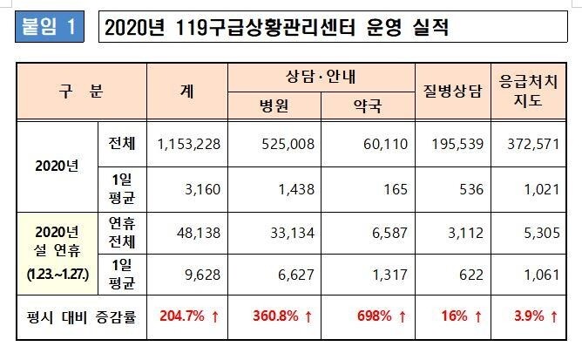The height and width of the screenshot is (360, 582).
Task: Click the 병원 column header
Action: point(274,105)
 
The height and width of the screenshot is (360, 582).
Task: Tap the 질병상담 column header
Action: point(451,90)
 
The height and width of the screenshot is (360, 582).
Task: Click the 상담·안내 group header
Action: point(321,76)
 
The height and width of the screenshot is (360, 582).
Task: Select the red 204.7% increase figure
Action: point(187,315)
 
